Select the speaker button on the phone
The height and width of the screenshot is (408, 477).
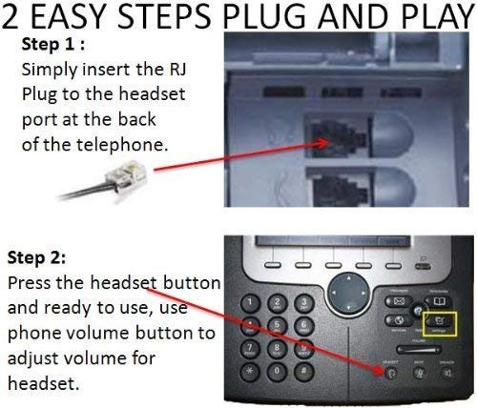(446, 389)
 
